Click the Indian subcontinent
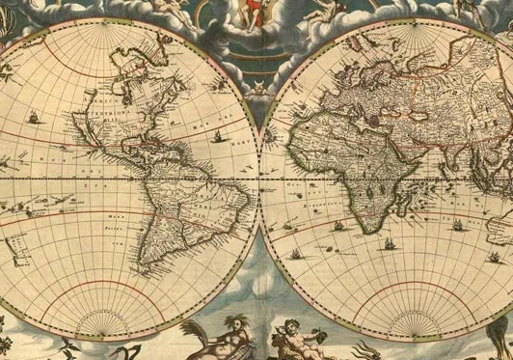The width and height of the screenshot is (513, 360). point(451,154)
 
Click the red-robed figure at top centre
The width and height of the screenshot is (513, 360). point(255,12)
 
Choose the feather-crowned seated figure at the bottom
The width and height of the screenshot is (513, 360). point(227,333)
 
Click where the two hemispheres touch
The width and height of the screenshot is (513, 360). point(259,180)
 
